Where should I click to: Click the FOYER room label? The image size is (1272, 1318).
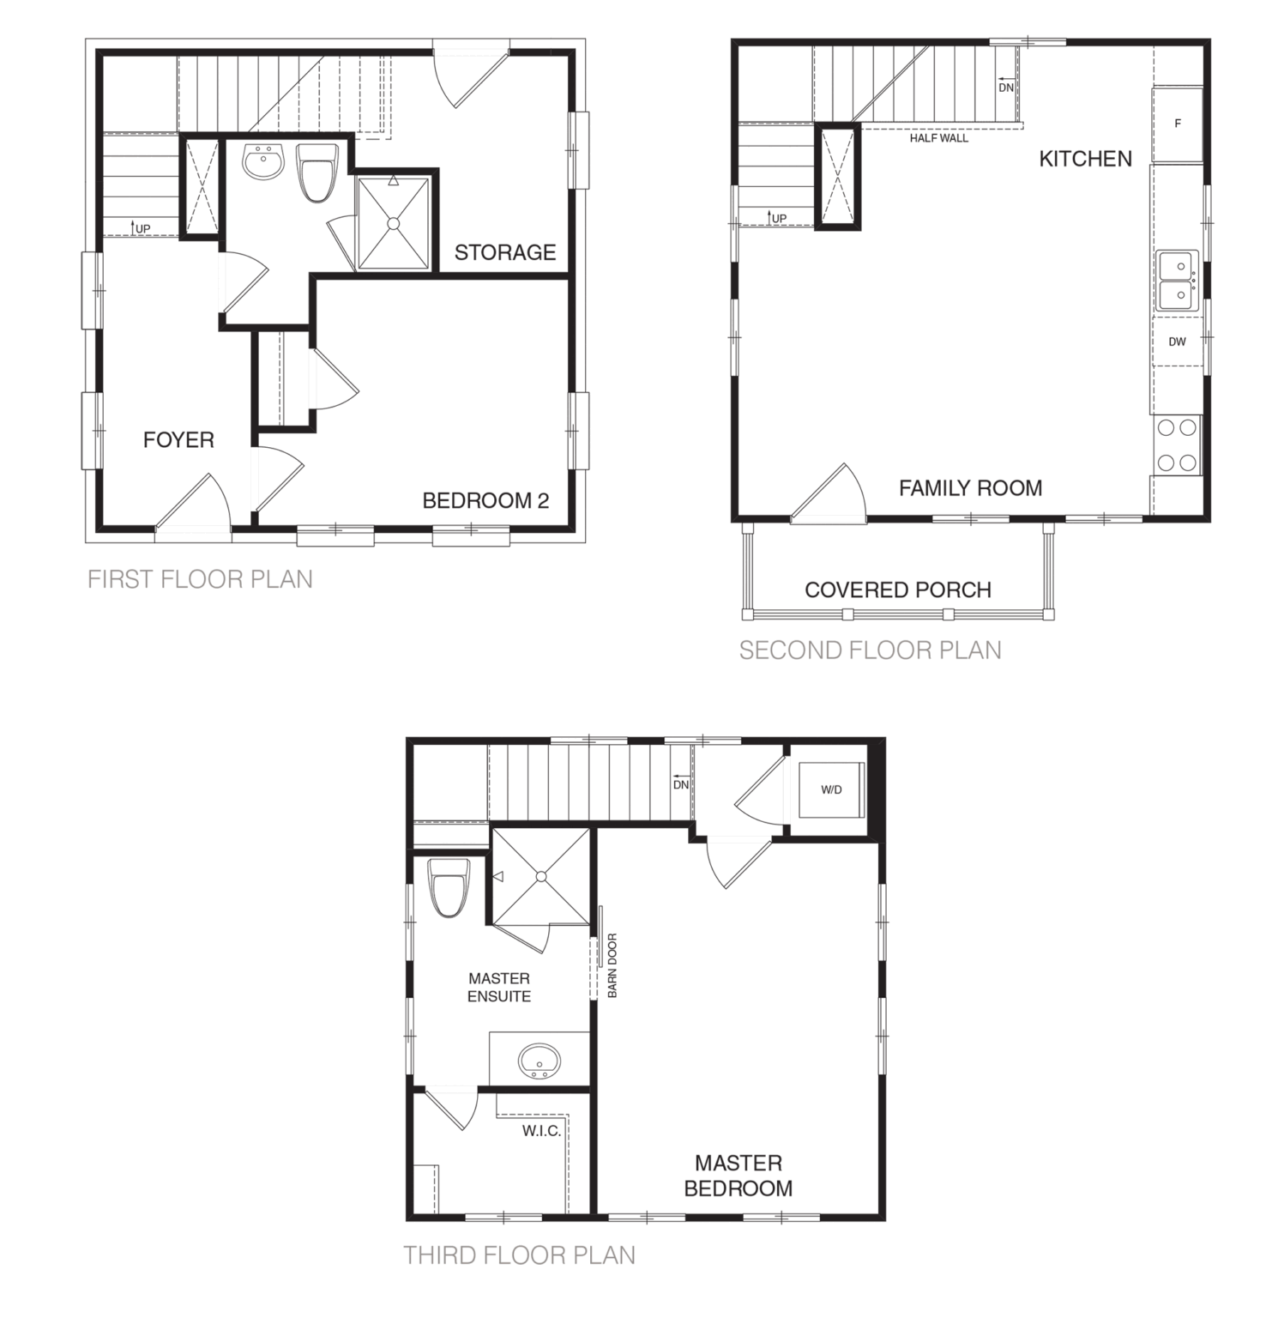[178, 440]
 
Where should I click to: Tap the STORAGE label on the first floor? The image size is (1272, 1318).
[505, 252]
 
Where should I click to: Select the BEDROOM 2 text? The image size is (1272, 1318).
[485, 500]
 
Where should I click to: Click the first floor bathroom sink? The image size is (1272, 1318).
[263, 162]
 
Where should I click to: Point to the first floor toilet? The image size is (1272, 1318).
[318, 172]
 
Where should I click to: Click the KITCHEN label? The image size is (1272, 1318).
[1085, 159]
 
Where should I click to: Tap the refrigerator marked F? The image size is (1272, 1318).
[1177, 124]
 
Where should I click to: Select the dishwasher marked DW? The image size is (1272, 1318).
[1177, 342]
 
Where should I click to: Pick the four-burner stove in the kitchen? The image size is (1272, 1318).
[1176, 445]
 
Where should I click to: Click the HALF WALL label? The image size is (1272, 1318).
[939, 137]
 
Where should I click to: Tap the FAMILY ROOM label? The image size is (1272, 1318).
[970, 488]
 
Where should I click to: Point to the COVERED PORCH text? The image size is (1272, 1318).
[898, 590]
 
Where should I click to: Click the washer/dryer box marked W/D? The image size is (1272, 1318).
[831, 789]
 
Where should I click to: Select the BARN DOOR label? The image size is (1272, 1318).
[612, 965]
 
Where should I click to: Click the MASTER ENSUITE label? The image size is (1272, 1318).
[499, 987]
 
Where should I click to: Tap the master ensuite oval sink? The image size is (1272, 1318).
[539, 1061]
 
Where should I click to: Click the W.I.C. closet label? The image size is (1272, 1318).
[541, 1131]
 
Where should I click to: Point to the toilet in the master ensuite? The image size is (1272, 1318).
[450, 888]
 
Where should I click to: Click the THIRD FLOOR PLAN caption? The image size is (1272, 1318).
[520, 1256]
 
